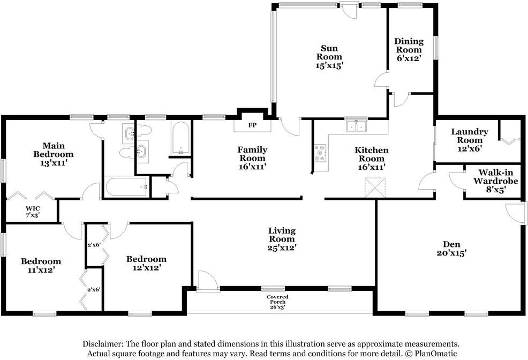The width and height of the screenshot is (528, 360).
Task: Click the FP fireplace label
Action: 253,125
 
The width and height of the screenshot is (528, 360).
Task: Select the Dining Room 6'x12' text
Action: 409,50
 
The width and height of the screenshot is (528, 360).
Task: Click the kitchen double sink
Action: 356,126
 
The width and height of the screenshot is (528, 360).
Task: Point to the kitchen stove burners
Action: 320,153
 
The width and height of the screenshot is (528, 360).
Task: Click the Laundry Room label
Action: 470,136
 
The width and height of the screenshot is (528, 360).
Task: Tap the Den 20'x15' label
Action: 451,249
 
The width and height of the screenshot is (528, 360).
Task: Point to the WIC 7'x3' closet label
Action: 33,212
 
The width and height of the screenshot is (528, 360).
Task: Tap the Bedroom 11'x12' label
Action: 41,265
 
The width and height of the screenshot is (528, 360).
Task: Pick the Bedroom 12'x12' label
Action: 146,264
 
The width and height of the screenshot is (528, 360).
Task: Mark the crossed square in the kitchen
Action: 375,188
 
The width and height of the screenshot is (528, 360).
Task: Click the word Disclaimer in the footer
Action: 103,344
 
